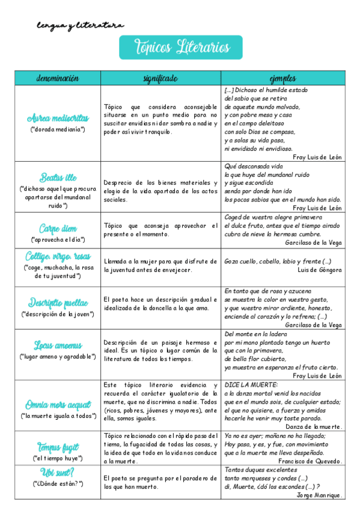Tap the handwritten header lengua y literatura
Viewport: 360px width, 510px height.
(x=81, y=25)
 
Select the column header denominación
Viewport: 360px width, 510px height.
(x=58, y=78)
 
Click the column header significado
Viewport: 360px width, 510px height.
(x=160, y=78)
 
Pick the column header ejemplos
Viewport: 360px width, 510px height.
(x=282, y=78)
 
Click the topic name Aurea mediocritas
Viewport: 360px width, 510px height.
(x=58, y=118)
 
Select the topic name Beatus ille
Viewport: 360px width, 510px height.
(x=58, y=177)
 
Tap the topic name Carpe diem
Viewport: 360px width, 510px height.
(x=58, y=229)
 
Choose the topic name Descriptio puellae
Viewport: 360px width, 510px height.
(x=58, y=303)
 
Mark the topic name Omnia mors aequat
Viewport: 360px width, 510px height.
(x=58, y=404)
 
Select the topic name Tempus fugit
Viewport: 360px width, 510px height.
(x=58, y=447)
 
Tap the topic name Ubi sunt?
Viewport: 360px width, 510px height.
(x=58, y=472)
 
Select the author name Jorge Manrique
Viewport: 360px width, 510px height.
(x=320, y=495)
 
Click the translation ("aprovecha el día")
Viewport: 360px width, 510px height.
(x=58, y=239)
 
